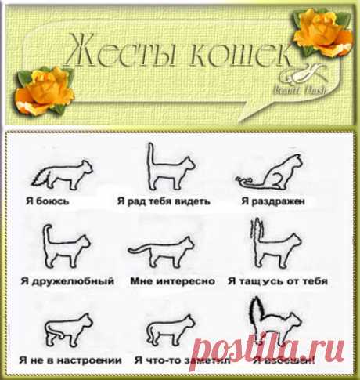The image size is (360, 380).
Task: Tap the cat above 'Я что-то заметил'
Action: (x=167, y=330)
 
